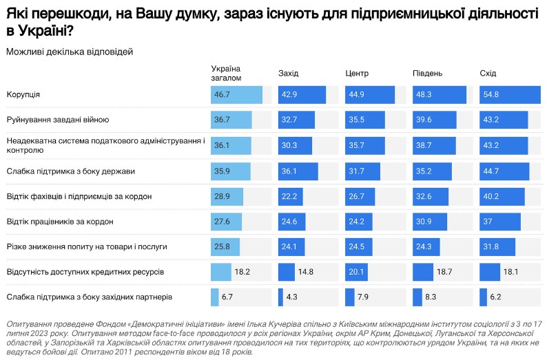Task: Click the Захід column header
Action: [289, 74]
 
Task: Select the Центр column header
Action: [357, 74]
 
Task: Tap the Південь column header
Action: [427, 74]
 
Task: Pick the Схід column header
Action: [488, 74]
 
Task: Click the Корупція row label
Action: [23, 94]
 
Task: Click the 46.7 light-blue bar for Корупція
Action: [236, 94]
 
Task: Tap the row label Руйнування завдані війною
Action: [57, 120]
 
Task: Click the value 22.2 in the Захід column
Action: [289, 197]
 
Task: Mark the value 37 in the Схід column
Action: [488, 222]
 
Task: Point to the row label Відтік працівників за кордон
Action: [59, 222]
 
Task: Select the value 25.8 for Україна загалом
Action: [222, 246]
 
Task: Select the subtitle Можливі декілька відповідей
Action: [69, 52]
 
